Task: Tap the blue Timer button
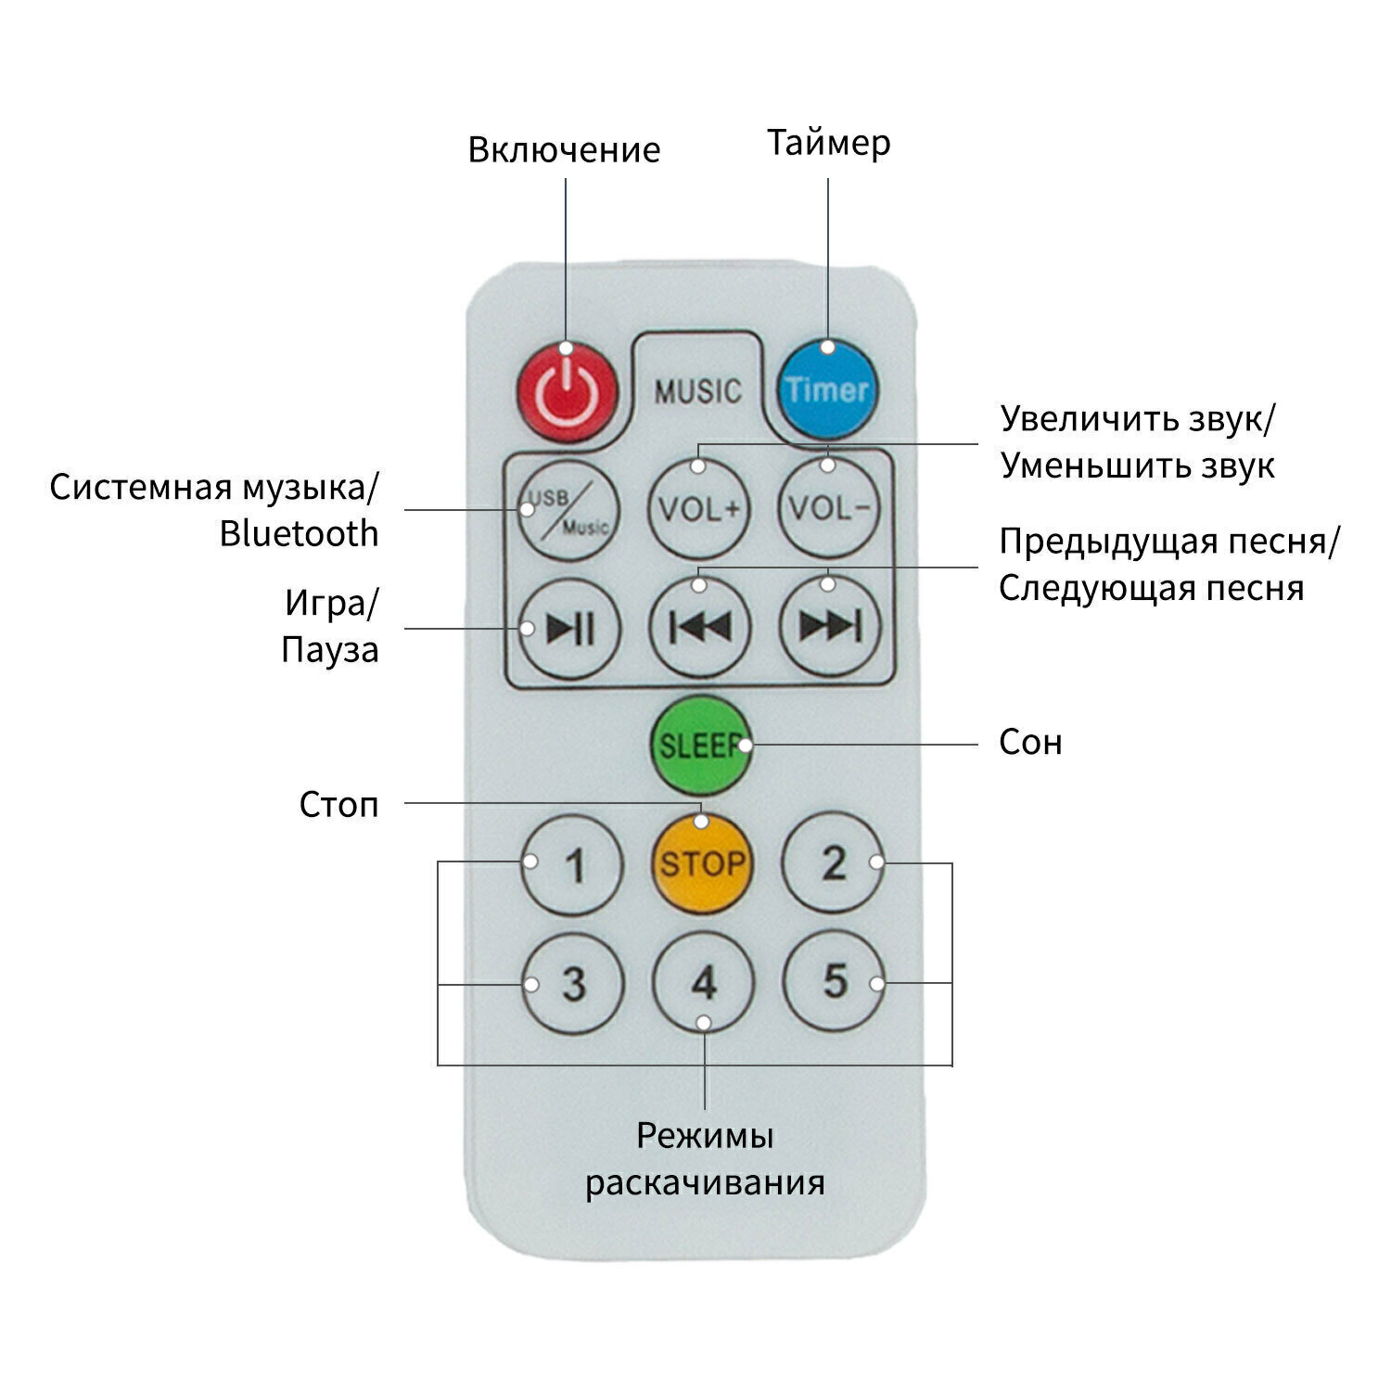click(826, 389)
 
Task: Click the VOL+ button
click(699, 509)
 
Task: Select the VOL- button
click(829, 509)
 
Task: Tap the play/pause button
click(569, 629)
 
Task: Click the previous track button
click(700, 629)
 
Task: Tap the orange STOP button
click(702, 864)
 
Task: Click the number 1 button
click(572, 865)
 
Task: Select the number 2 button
click(834, 863)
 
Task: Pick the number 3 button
click(572, 983)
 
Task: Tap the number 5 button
click(834, 981)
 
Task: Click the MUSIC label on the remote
click(697, 390)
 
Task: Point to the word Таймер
click(828, 143)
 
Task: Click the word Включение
click(564, 149)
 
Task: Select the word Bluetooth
click(299, 534)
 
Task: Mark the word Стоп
click(338, 804)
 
